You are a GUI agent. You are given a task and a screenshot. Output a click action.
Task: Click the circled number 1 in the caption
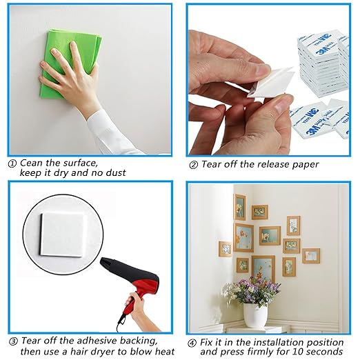12,163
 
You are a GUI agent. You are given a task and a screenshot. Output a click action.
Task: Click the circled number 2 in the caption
193,164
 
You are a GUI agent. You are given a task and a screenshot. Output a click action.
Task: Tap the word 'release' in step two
266,164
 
